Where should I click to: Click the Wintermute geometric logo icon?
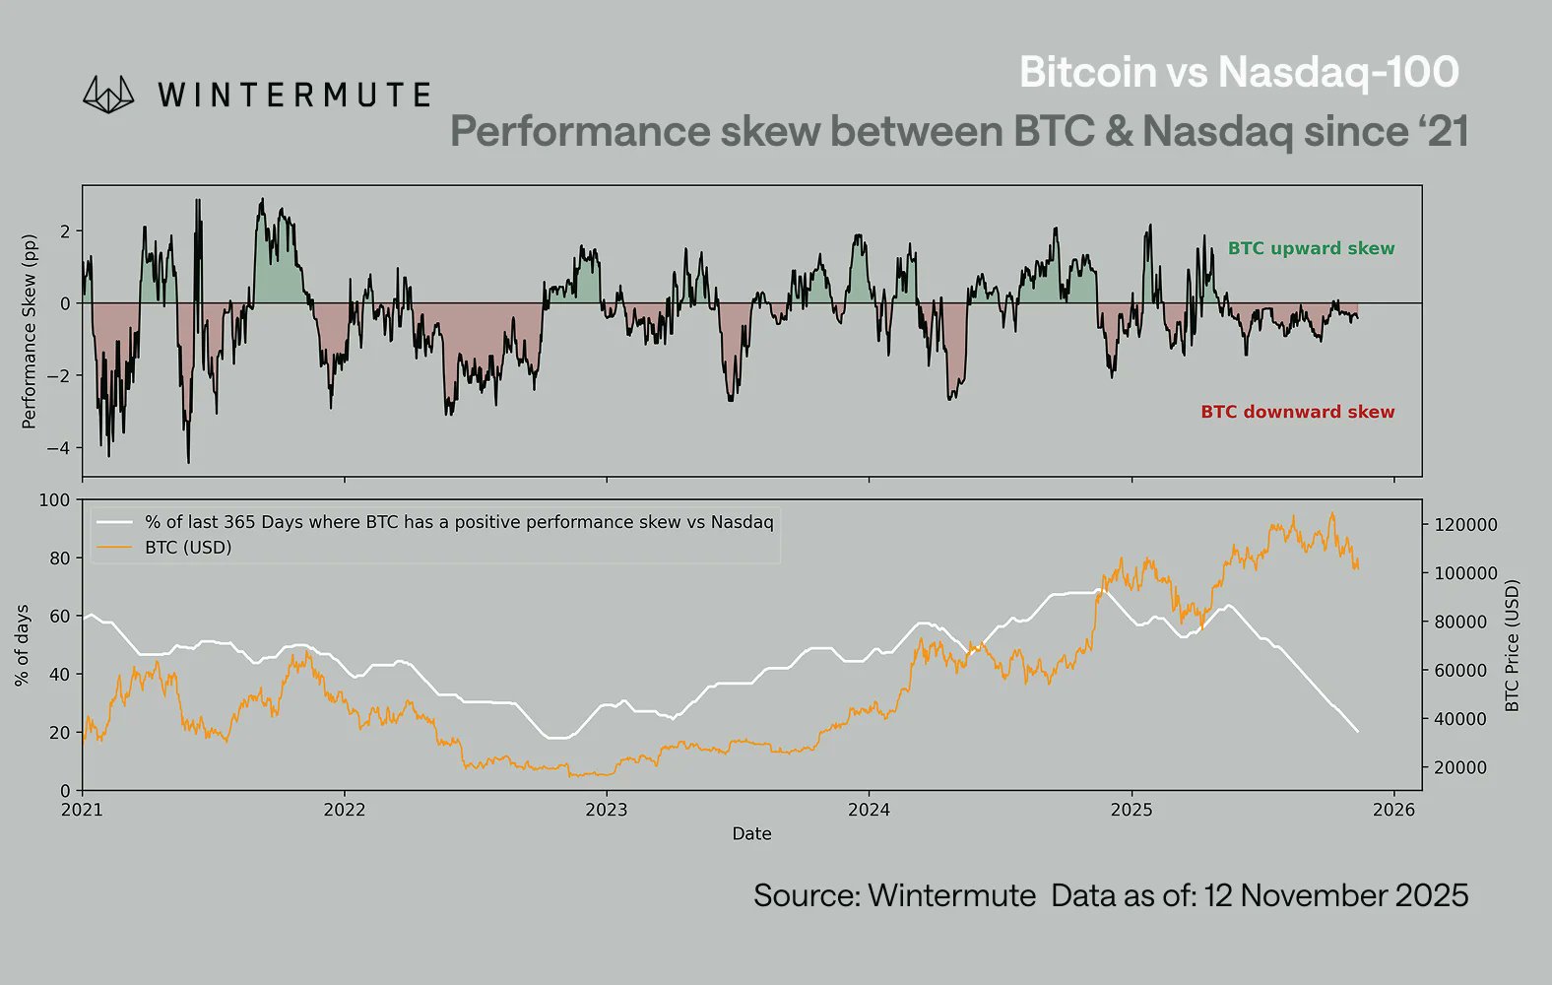pos(108,95)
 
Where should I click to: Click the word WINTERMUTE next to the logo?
pos(293,96)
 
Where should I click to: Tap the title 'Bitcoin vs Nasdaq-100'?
pos(1239,72)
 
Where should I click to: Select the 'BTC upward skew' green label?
pos(1311,248)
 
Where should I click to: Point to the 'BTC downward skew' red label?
pos(1297,412)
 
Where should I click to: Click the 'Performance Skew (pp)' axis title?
pos(29,331)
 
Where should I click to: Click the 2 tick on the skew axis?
pos(65,231)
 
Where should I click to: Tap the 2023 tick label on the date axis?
pos(606,810)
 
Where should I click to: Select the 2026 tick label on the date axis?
pos(1393,810)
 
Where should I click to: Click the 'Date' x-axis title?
pos(751,833)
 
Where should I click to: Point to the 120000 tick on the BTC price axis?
pos(1464,525)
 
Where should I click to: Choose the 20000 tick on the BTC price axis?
pos(1460,767)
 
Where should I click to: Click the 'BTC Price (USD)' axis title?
pos(1513,645)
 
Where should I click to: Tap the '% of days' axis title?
pos(22,645)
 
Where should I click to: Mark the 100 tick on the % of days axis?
pos(54,500)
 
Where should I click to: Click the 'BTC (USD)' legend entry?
pos(188,547)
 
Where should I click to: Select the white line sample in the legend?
pos(114,522)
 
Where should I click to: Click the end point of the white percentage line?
pos(1358,731)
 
